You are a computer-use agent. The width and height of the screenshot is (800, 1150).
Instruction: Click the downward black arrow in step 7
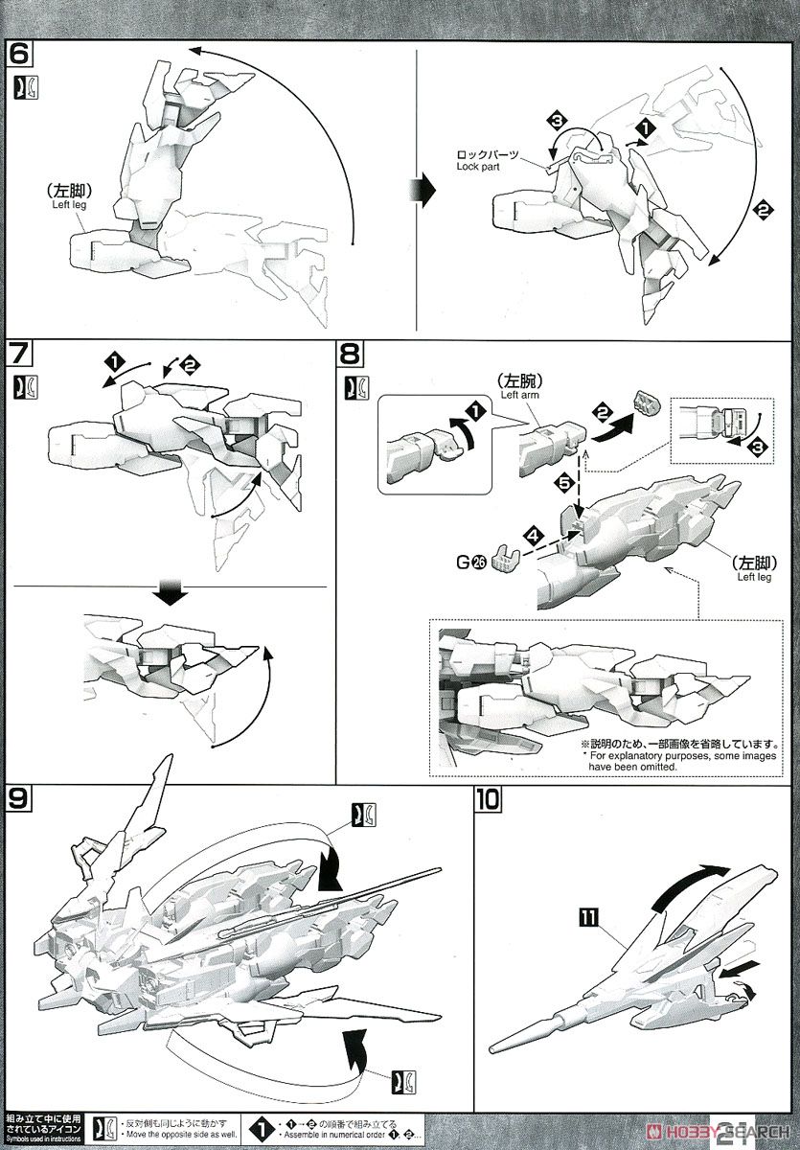[171, 594]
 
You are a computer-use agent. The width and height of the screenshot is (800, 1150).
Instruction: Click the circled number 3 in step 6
[559, 121]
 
